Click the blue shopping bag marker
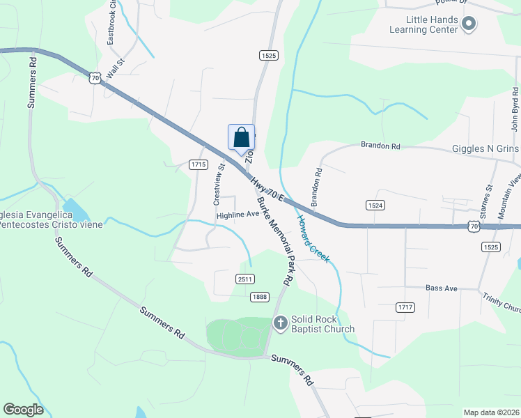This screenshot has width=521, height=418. tap(242, 137)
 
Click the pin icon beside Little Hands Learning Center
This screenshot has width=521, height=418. tap(469, 25)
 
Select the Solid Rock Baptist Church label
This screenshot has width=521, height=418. tap(323, 324)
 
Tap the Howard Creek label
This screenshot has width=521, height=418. tap(313, 239)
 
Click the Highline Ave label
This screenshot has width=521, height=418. tap(238, 215)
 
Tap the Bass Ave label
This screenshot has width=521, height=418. tap(441, 288)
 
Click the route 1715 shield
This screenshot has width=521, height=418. tap(199, 164)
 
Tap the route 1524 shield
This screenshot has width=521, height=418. tap(375, 205)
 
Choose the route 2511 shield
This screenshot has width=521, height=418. tap(244, 279)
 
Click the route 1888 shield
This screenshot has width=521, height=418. tap(259, 296)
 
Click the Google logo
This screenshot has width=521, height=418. tap(24, 410)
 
